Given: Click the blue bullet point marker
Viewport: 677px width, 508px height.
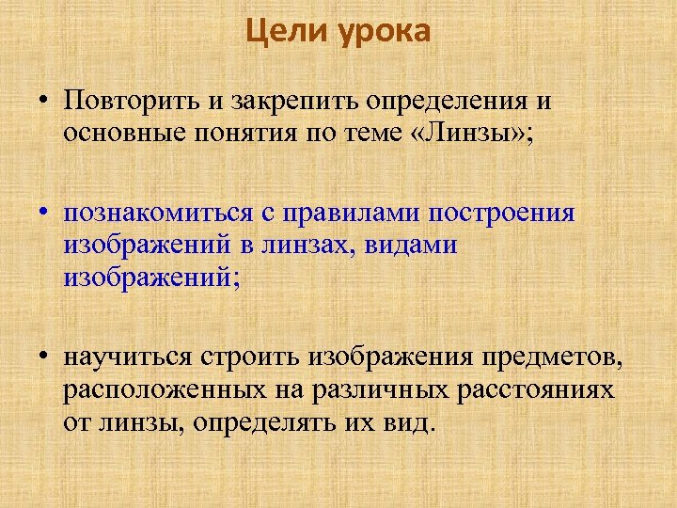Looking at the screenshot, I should pos(44,212).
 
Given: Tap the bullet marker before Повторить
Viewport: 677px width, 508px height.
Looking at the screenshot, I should pos(44,101).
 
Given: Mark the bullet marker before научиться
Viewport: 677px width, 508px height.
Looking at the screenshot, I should pos(44,357).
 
